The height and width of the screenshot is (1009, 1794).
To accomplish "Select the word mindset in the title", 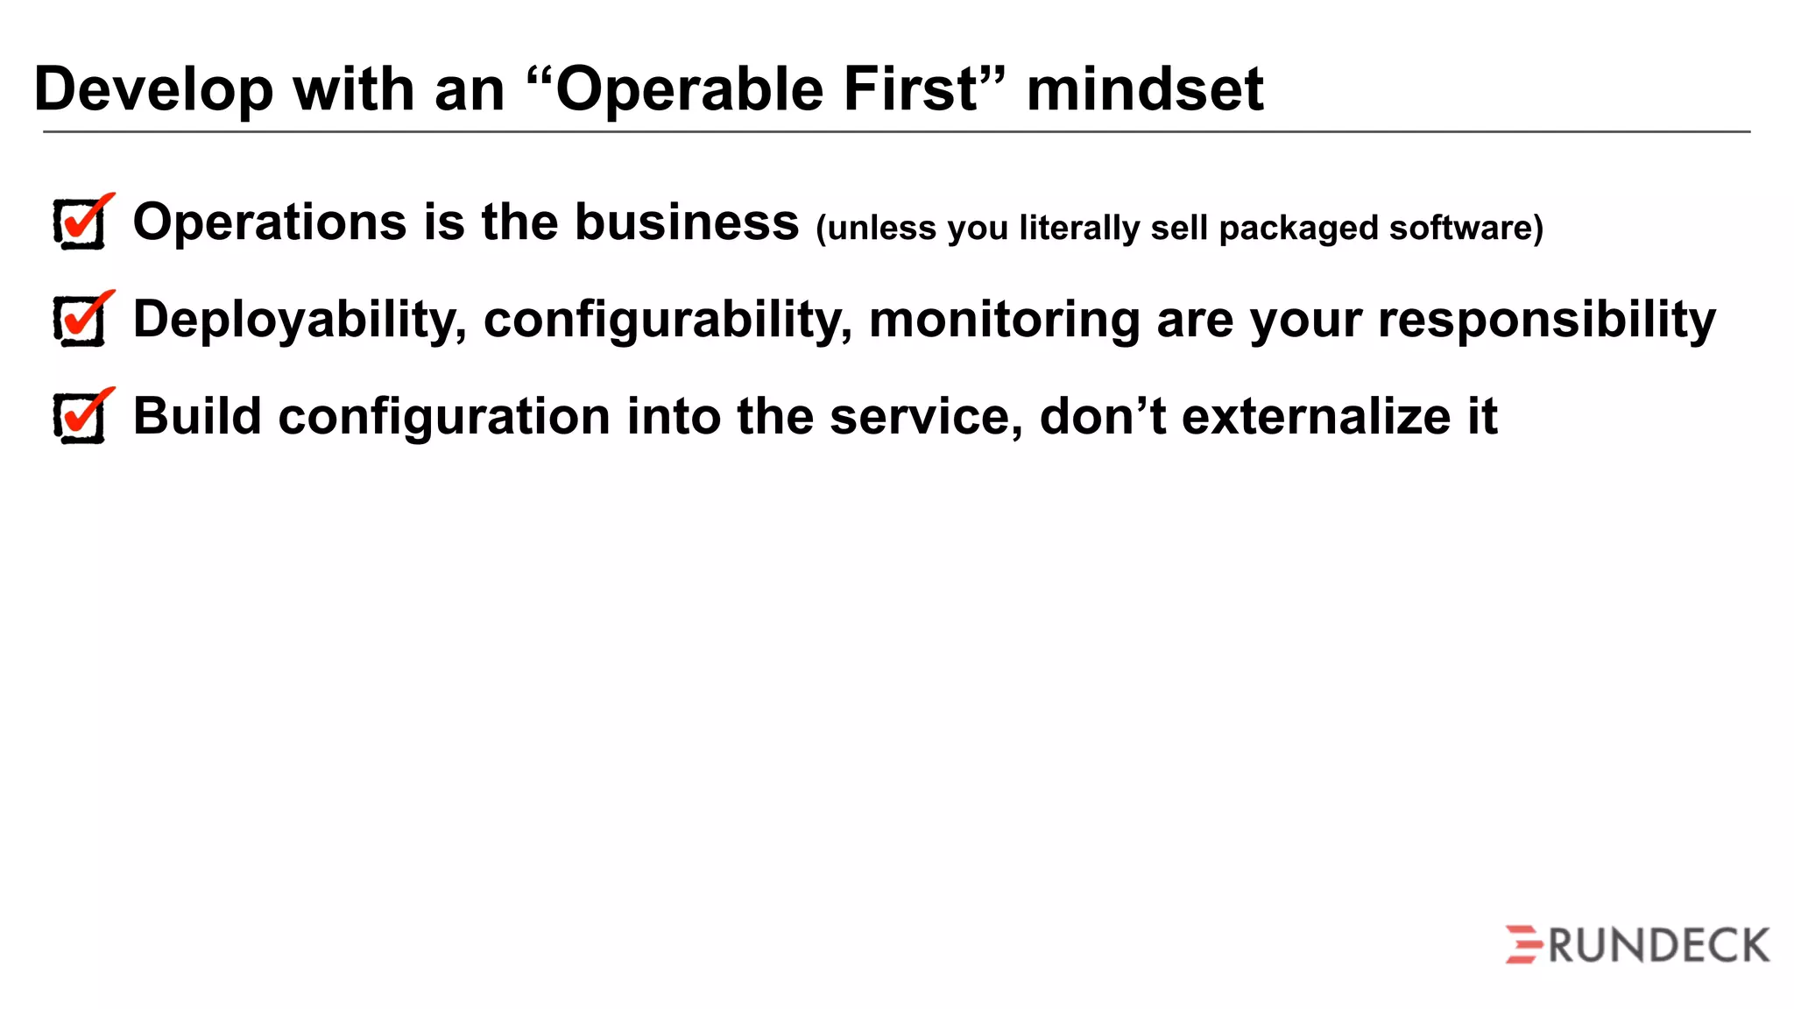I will [1145, 89].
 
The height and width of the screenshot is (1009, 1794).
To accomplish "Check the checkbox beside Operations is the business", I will [81, 224].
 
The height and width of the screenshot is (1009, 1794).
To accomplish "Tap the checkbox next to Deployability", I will [81, 321].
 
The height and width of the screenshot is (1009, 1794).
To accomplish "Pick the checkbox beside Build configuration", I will [81, 418].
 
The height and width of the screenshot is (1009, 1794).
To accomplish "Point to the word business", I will [687, 222].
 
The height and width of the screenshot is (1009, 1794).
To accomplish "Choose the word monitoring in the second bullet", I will [1004, 321].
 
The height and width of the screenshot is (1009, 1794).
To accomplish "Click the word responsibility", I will [1546, 321].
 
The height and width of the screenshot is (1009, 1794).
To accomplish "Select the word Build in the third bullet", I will [197, 416].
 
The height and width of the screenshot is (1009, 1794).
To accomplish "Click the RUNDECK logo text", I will [1658, 946].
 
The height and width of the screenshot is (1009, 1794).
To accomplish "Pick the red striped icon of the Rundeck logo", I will [1524, 945].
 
